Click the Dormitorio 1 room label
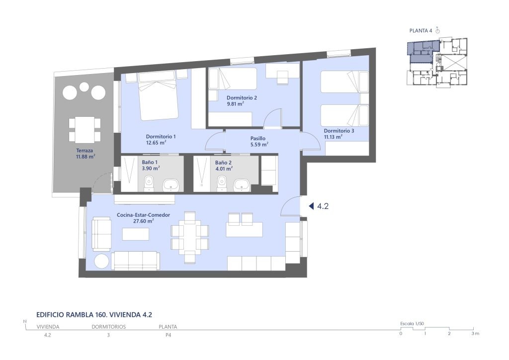tap(161, 137)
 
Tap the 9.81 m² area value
tap(235, 104)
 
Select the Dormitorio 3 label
tap(339, 131)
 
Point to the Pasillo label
tap(258, 138)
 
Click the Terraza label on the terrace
tap(85, 151)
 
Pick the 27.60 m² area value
tap(144, 221)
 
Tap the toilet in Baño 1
tap(149, 183)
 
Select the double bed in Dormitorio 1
tap(158, 96)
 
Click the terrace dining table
tap(85, 130)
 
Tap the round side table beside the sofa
tap(101, 261)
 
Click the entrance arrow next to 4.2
tap(311, 206)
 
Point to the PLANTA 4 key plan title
tap(421, 31)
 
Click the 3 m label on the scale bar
tap(475, 333)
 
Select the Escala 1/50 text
tap(412, 324)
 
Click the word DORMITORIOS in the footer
tap(108, 327)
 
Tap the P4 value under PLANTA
tap(168, 335)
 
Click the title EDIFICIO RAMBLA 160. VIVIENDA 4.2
tap(94, 315)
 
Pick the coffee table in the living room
tap(136, 234)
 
